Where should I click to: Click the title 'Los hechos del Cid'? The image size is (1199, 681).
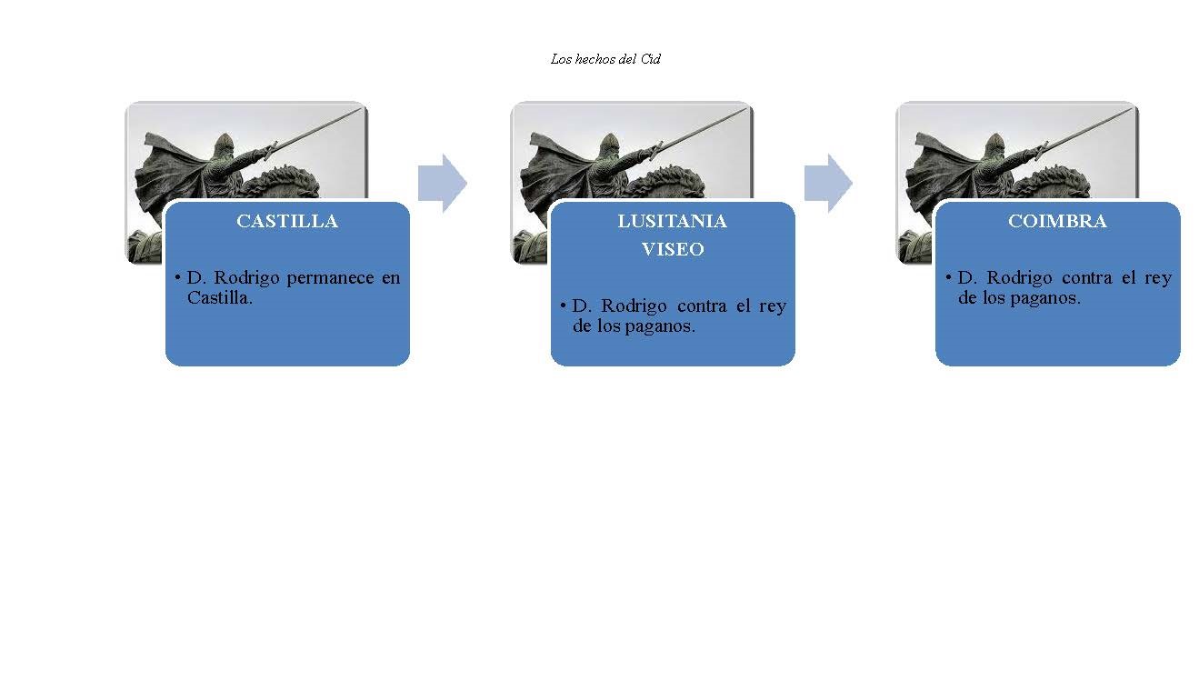(605, 59)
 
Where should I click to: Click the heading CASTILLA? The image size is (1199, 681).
(287, 221)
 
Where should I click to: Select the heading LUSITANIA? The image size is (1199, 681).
(673, 221)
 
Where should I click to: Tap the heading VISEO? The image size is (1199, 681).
(673, 249)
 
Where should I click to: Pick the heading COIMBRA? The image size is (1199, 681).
(1057, 221)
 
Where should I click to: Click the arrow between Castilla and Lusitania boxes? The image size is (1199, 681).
(442, 184)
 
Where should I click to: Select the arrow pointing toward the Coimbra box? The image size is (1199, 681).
(828, 184)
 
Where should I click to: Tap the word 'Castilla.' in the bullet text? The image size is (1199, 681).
(219, 298)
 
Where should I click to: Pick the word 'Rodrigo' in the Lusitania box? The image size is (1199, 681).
(634, 306)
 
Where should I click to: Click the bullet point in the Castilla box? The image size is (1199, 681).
(177, 277)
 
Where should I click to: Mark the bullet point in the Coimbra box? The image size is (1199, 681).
(948, 277)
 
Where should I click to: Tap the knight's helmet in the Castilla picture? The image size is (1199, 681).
(224, 145)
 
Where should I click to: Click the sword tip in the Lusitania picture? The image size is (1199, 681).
(745, 109)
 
